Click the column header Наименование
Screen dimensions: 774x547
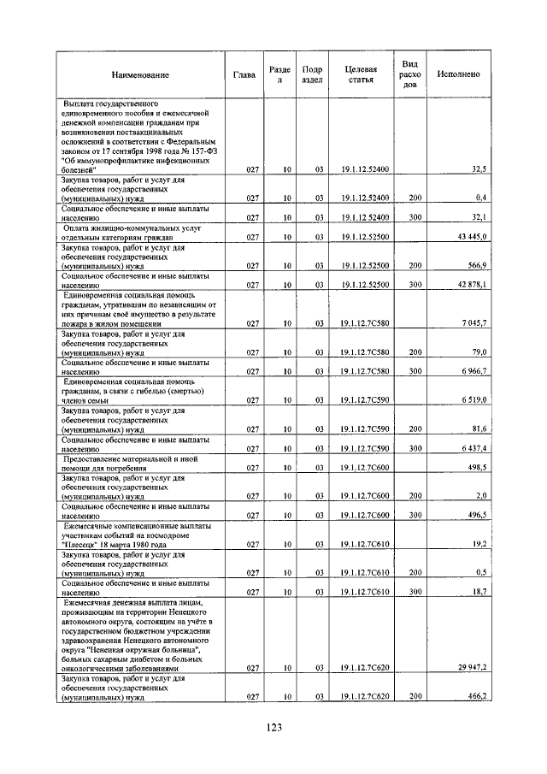[140, 74]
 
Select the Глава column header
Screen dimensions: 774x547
[244, 74]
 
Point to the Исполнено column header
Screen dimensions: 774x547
[458, 74]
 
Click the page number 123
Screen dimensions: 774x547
[273, 727]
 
